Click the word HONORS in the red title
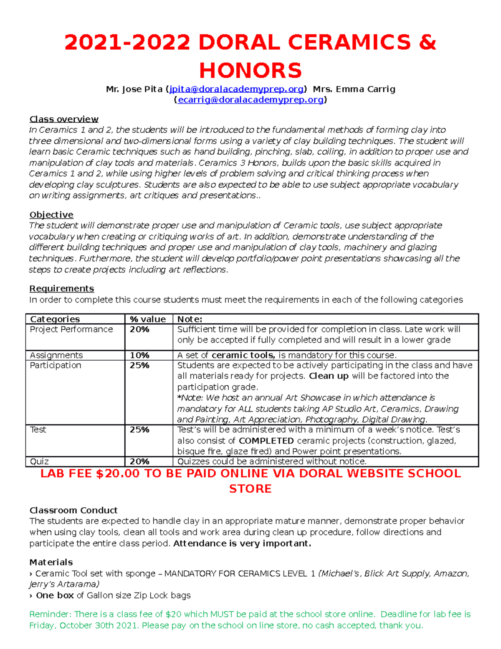(250, 70)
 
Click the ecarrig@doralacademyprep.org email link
(250, 100)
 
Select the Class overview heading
(64, 119)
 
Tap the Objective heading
(51, 215)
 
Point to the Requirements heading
(61, 289)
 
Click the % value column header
(148, 319)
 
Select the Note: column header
(190, 319)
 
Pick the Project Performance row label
(71, 329)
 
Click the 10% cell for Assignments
(139, 355)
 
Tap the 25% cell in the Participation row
(139, 365)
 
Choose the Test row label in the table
(38, 430)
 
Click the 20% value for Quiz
(139, 461)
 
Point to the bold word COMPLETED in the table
(266, 440)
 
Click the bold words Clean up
(329, 376)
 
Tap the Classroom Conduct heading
(73, 510)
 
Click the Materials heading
(51, 562)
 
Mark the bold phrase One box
(55, 595)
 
